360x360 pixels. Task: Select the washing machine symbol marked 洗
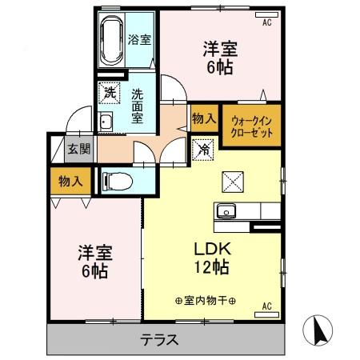click(x=110, y=92)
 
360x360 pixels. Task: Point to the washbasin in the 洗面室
click(x=106, y=122)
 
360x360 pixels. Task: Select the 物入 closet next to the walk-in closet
click(x=203, y=118)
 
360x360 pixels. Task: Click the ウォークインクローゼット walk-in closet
click(x=251, y=126)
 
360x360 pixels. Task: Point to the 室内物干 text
click(x=204, y=301)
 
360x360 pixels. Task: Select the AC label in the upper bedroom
click(x=266, y=22)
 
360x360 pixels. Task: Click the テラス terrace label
click(x=161, y=338)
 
